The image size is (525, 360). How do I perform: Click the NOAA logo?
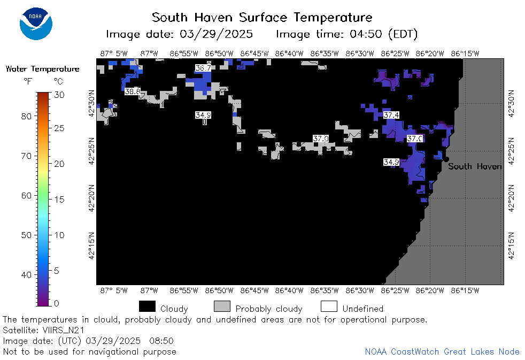pos(36,24)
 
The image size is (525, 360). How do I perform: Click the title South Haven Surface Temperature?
pos(262,18)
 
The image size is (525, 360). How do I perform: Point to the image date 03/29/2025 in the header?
pos(217,34)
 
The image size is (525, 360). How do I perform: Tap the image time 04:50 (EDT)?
pos(384,34)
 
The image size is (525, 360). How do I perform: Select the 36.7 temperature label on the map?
pos(203,68)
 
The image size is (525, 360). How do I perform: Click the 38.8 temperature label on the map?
pos(132,91)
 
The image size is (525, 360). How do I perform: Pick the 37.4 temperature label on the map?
pos(391,115)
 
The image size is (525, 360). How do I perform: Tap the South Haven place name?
pos(475,166)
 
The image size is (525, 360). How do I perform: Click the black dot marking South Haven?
pos(446,159)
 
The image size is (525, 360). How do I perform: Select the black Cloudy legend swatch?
pos(148,307)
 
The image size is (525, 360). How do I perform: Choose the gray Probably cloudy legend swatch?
pos(222,307)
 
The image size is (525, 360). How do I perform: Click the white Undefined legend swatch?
pos(329,307)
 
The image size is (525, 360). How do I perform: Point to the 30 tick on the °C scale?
pos(59,95)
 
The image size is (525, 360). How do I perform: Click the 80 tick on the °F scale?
pos(26,116)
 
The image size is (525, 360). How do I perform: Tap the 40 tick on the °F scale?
pos(26,275)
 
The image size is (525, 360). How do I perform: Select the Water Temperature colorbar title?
pos(43,69)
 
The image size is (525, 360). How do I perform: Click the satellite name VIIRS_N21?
pos(64,330)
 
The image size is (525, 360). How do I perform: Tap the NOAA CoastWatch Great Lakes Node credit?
pos(442,351)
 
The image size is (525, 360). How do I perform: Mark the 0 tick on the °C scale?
pos(56,303)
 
